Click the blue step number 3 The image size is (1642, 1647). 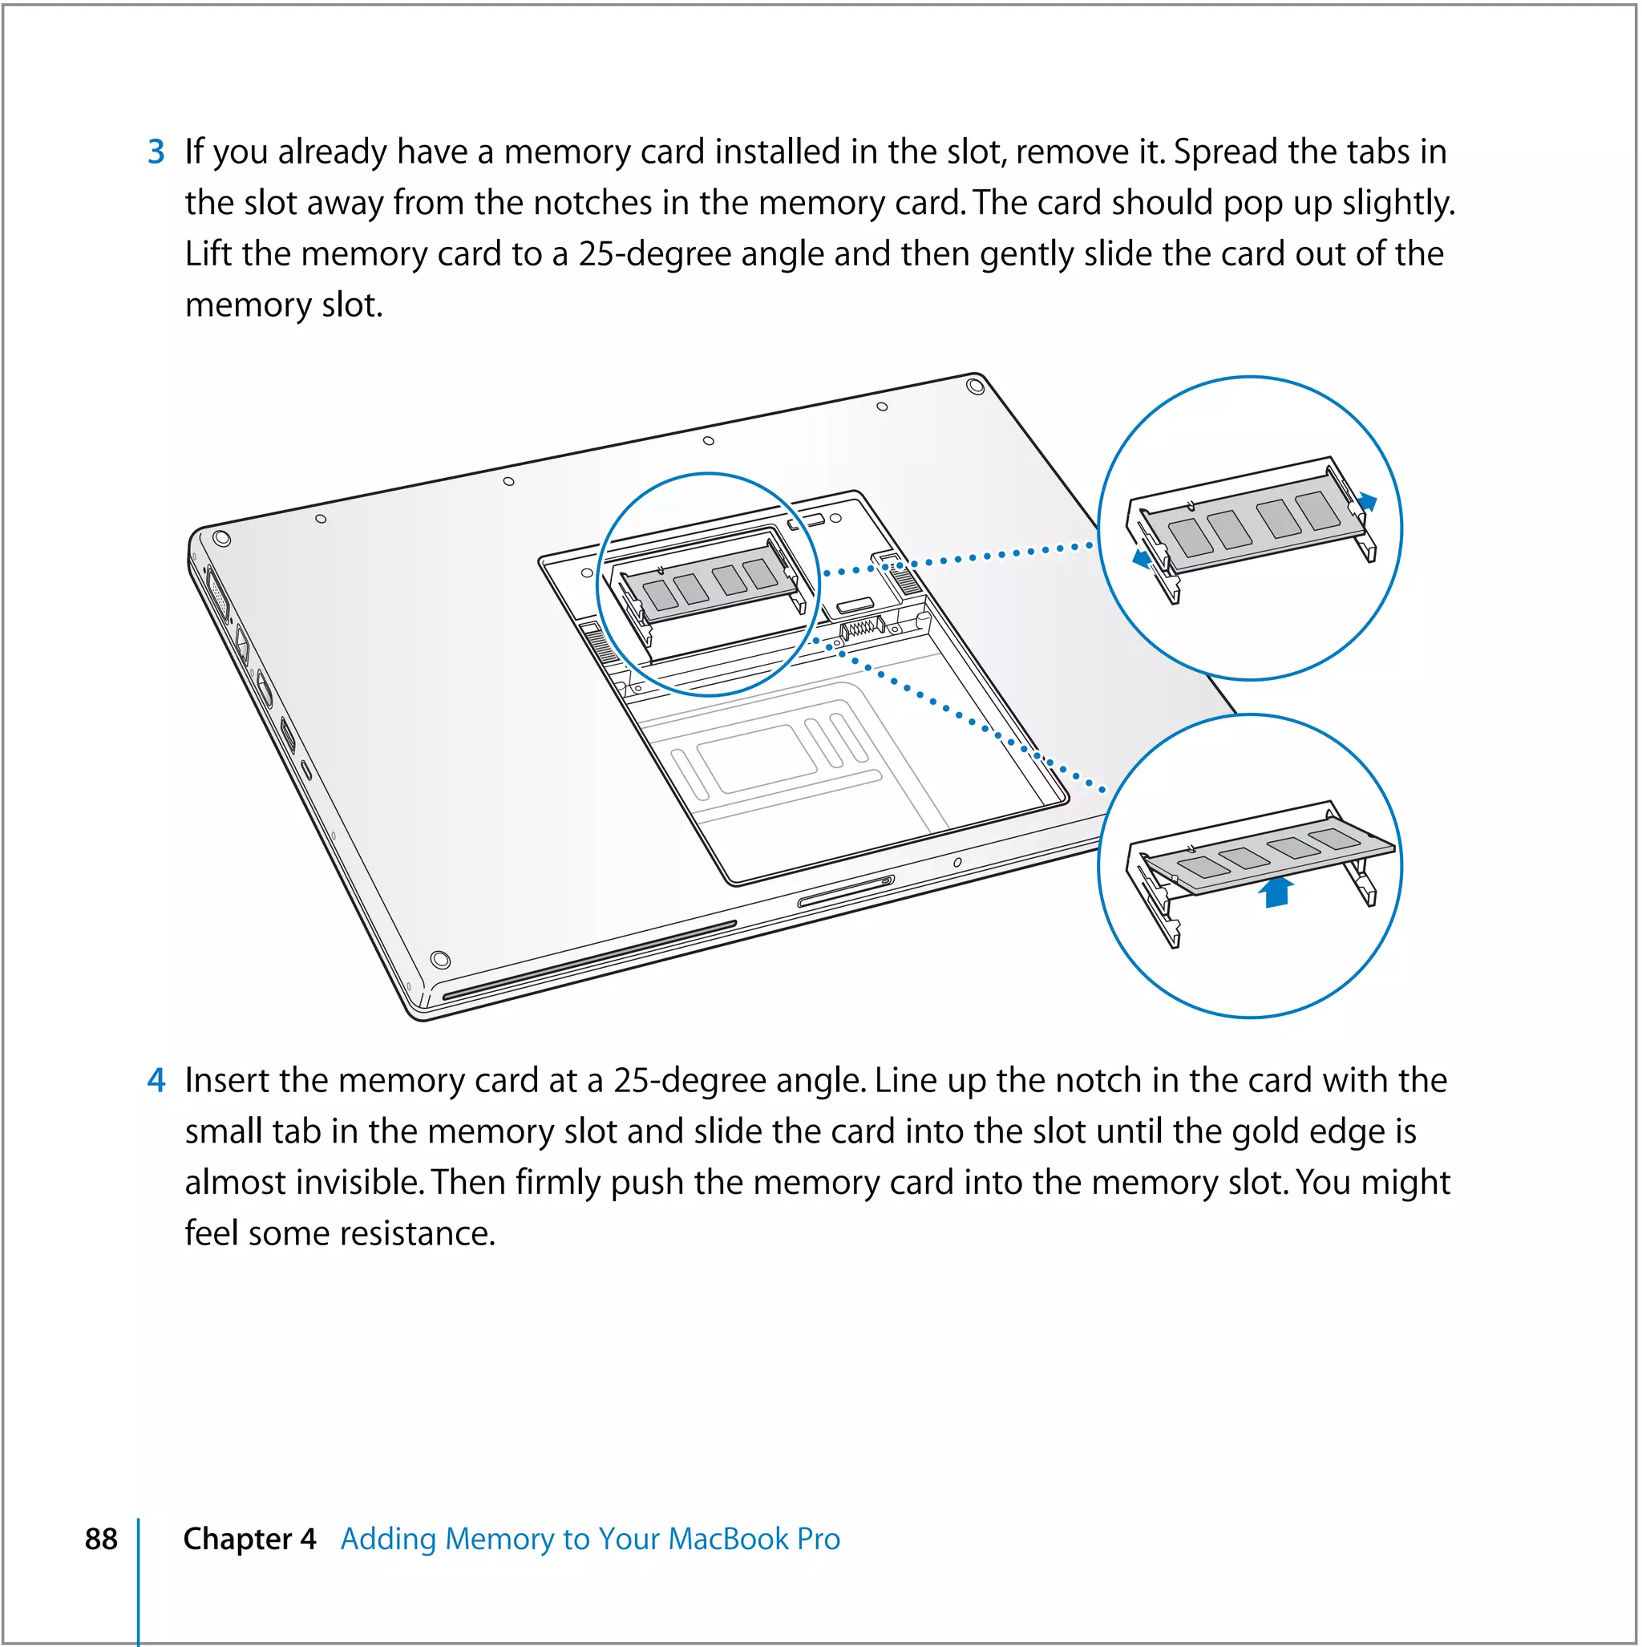pyautogui.click(x=156, y=152)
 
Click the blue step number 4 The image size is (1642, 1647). pyautogui.click(x=156, y=1080)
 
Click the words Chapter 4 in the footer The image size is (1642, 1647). pyautogui.click(x=249, y=1539)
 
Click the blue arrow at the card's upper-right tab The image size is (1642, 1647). pyautogui.click(x=1367, y=502)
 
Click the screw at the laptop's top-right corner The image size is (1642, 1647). pyautogui.click(x=977, y=387)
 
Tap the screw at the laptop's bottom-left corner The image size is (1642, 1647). pyautogui.click(x=440, y=959)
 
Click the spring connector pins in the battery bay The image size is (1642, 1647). pyautogui.click(x=859, y=629)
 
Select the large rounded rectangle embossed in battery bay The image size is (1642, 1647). pyautogui.click(x=757, y=758)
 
